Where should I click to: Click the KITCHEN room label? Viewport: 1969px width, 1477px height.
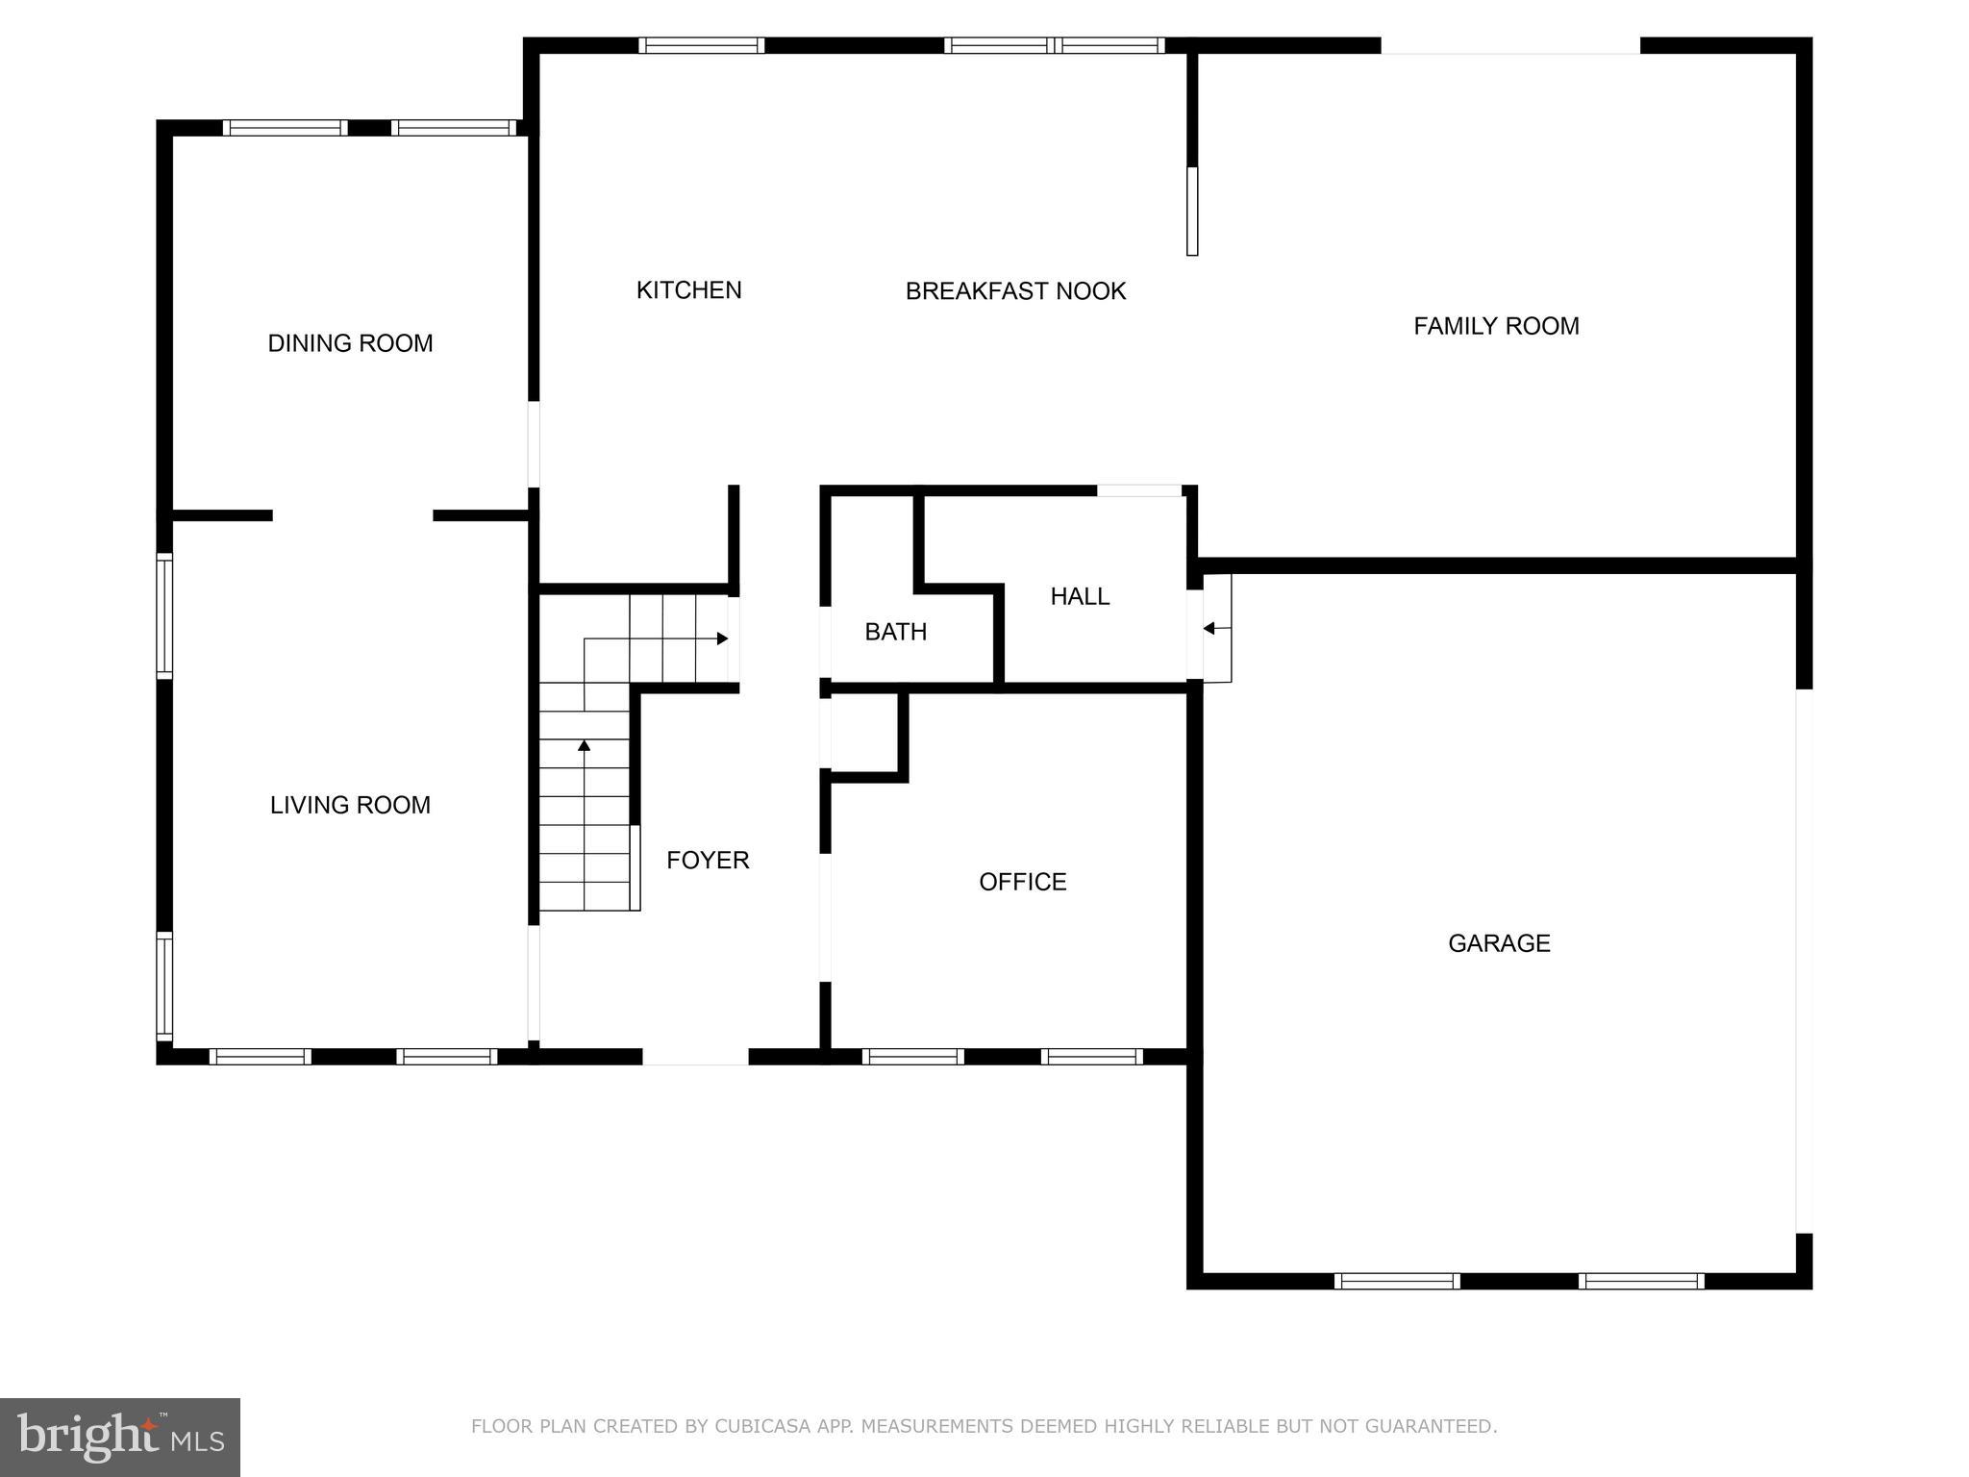coord(688,290)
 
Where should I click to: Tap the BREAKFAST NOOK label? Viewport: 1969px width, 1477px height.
coord(1015,291)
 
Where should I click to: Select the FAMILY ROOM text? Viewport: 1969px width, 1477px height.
coord(1496,326)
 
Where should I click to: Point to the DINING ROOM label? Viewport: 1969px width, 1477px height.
coord(350,343)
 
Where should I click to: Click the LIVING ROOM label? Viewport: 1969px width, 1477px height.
coord(350,805)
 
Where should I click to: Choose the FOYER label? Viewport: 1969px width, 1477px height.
coord(708,860)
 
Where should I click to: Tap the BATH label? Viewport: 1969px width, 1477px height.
coord(895,632)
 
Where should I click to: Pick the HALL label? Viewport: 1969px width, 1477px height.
coord(1080,596)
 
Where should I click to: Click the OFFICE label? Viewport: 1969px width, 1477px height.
coord(1022,882)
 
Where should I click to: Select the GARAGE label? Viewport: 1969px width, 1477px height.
coord(1499,943)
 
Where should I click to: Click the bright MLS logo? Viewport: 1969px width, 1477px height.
coord(119,1437)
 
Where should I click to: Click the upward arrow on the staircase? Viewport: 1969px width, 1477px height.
coord(584,746)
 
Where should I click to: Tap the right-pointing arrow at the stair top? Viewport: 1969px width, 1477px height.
coord(721,638)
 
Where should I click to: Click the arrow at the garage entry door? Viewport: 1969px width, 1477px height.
coord(1210,629)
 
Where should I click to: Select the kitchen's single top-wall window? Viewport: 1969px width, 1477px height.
coord(701,45)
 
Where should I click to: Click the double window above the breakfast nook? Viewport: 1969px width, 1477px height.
coord(1054,45)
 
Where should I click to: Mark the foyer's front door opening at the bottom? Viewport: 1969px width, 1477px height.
coord(695,1057)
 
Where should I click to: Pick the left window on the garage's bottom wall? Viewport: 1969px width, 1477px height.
coord(1397,1281)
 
